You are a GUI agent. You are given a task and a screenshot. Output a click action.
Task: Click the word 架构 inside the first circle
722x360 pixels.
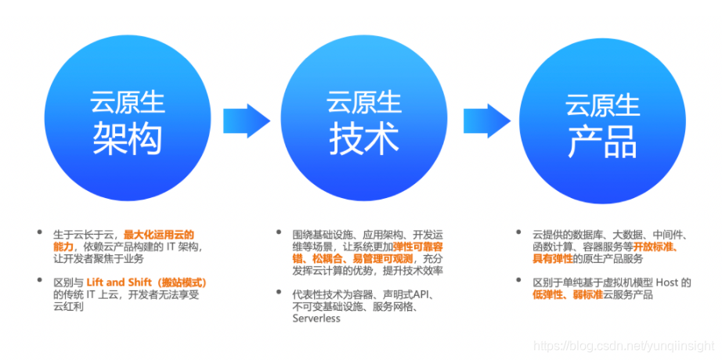(x=127, y=139)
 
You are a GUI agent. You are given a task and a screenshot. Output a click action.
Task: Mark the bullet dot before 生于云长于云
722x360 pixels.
(x=39, y=234)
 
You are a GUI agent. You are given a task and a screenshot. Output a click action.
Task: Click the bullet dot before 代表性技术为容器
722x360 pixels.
(x=280, y=294)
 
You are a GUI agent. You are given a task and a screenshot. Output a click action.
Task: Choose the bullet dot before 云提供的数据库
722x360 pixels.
(x=520, y=234)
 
